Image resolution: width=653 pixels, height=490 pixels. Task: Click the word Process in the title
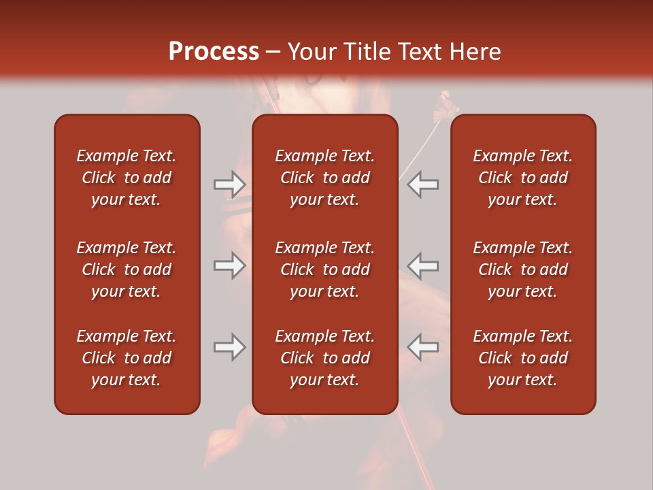(x=214, y=52)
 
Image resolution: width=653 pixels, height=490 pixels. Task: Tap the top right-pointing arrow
(x=229, y=184)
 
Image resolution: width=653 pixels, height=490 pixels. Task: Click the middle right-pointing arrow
(x=229, y=265)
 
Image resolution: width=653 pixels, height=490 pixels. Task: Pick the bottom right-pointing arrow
(x=229, y=347)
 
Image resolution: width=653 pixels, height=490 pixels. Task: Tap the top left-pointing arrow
(x=423, y=184)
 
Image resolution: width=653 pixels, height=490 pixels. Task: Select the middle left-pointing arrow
(x=423, y=265)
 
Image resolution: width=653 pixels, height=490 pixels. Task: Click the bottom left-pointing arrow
(x=423, y=347)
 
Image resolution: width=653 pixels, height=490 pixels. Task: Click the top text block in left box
(x=127, y=178)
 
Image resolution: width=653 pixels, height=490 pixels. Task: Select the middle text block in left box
(x=127, y=269)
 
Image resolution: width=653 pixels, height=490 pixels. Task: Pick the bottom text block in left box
(x=127, y=358)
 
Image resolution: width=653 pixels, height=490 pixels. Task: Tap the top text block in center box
(x=324, y=178)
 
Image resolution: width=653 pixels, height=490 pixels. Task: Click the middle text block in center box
(x=324, y=269)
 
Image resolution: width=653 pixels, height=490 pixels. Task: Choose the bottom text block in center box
(x=324, y=358)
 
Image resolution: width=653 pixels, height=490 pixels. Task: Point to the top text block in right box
(x=522, y=178)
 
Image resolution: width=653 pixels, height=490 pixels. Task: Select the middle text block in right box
(x=522, y=269)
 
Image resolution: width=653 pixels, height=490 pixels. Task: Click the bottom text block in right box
(x=522, y=358)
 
